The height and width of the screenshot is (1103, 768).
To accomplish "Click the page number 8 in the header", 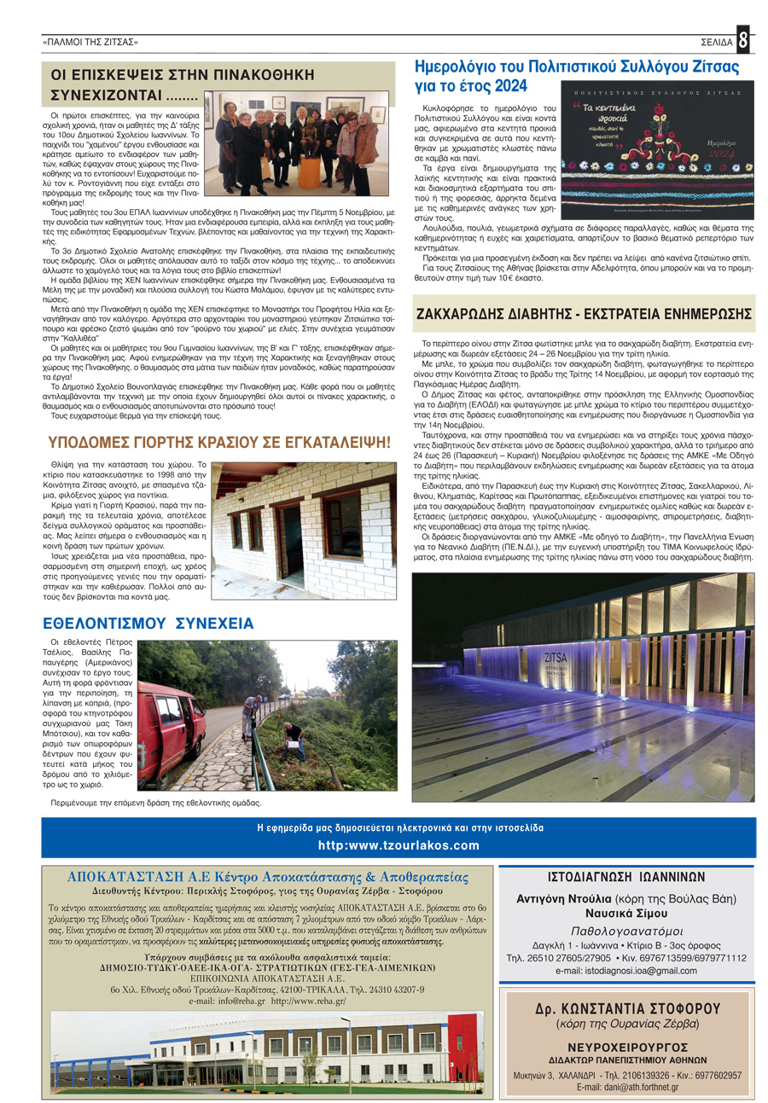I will coord(743,40).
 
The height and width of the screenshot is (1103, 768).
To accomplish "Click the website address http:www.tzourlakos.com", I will coord(398,845).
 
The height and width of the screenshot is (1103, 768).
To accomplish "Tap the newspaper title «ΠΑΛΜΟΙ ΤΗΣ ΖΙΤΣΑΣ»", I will coord(90,42).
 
